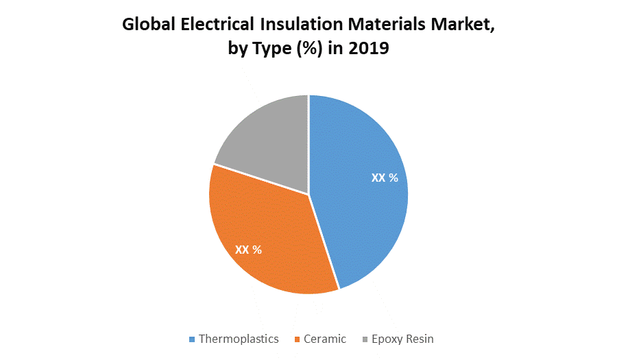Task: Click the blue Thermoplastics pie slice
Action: coord(363,206)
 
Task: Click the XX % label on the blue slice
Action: coord(385,178)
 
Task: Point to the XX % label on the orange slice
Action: coord(248,250)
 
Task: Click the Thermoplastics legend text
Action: coord(239,339)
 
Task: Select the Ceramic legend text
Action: coord(324,339)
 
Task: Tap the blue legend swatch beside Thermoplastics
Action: coord(192,339)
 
